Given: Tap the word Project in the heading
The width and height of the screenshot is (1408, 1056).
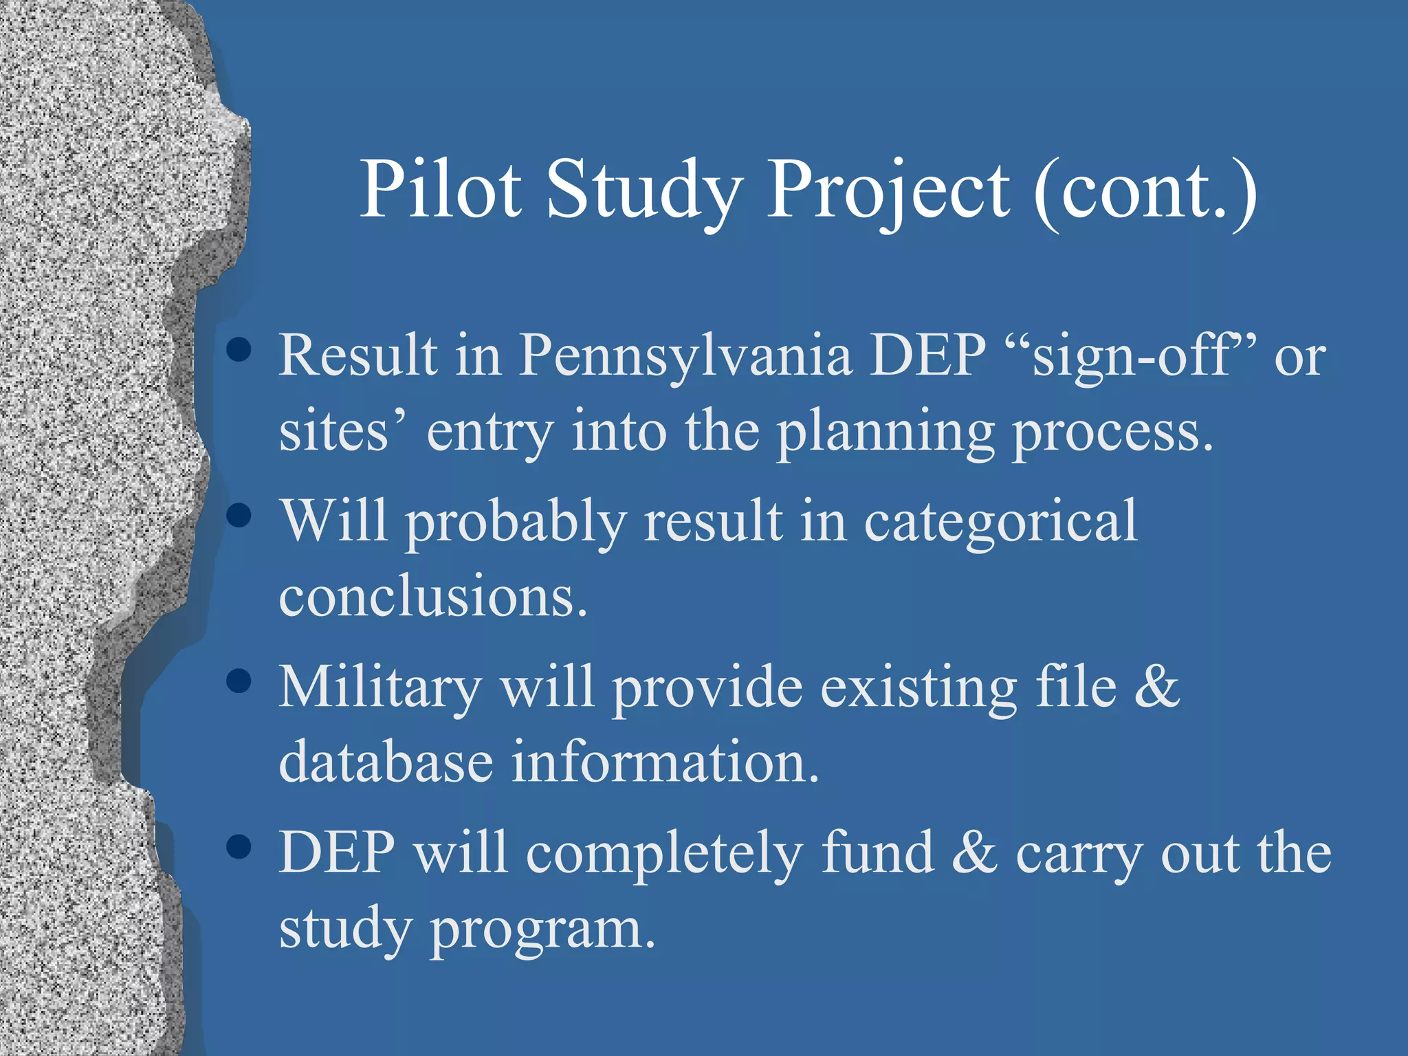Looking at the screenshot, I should (x=888, y=189).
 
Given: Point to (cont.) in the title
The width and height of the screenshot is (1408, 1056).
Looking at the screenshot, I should (x=1145, y=189).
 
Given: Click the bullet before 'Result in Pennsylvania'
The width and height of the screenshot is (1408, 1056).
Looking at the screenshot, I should (x=239, y=349).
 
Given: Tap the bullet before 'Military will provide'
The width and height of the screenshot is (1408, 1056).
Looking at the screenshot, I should (x=239, y=681).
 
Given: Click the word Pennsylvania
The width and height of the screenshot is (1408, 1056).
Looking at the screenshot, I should (x=685, y=355).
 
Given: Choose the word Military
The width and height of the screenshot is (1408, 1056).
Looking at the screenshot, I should (x=380, y=687).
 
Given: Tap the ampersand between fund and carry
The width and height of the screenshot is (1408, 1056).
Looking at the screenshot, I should (x=974, y=852).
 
